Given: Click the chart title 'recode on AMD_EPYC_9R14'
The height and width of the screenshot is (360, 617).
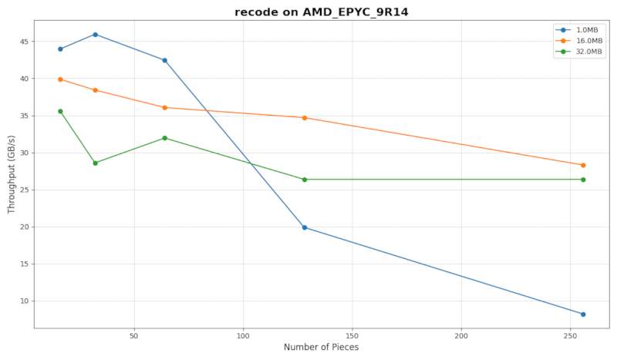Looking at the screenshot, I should tap(322, 12).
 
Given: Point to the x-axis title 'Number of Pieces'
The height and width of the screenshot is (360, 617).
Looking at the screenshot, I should tap(321, 348).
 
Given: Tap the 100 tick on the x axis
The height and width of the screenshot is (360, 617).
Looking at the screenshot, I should tap(243, 336).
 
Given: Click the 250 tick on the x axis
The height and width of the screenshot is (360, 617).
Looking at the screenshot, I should tap(570, 336).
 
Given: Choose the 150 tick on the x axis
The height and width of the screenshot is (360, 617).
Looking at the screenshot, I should tap(352, 336).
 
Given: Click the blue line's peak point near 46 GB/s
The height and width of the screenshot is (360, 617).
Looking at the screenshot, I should tap(95, 34).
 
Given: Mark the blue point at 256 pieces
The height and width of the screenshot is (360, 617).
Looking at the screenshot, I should tap(583, 315).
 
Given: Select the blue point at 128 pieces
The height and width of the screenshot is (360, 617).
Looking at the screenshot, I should tap(305, 227).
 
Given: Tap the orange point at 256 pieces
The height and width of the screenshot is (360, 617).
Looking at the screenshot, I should tap(583, 165).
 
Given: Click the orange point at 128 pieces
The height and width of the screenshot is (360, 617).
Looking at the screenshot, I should tap(305, 118).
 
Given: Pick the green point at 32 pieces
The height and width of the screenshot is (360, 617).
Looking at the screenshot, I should tap(95, 163).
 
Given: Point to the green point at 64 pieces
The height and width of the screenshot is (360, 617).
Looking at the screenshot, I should tap(164, 138).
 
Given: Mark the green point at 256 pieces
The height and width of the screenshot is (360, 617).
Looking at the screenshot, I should tap(583, 180).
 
